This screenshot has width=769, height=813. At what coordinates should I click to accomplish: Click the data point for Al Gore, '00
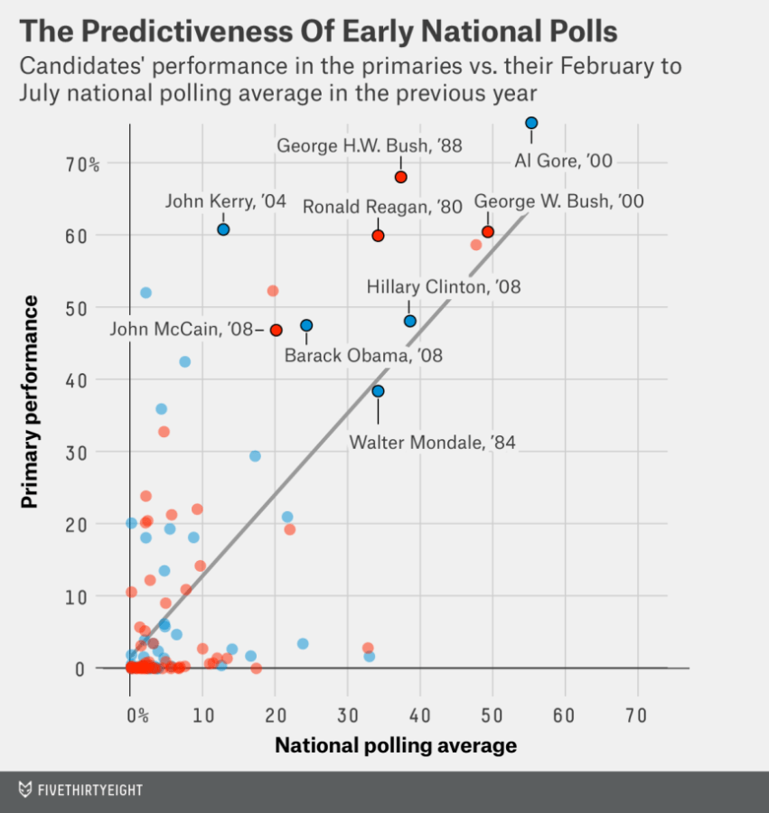pos(531,123)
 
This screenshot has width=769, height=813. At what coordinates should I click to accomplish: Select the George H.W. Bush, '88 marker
pos(401,177)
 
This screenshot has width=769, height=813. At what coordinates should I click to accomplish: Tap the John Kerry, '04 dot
pos(223,229)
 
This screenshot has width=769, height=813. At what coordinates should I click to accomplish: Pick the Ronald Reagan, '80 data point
pos(378,236)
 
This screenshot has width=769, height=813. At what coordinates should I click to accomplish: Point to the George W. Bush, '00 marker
pos(488,232)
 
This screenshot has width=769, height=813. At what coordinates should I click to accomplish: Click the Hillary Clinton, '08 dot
pos(409,321)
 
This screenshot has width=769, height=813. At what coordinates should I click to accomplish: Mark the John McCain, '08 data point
pos(276,331)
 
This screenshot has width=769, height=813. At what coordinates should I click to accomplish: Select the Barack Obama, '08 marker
pos(306,325)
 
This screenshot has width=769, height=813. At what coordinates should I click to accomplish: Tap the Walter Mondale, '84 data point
pos(378,391)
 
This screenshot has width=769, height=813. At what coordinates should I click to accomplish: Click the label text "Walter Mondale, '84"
pos(432,443)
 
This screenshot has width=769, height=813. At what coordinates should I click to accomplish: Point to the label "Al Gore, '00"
pos(564,161)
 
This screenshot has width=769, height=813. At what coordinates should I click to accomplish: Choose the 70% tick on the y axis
pos(81,164)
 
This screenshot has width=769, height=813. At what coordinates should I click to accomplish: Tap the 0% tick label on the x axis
pos(137,715)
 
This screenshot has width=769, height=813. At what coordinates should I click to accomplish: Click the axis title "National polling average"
pos(396,745)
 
